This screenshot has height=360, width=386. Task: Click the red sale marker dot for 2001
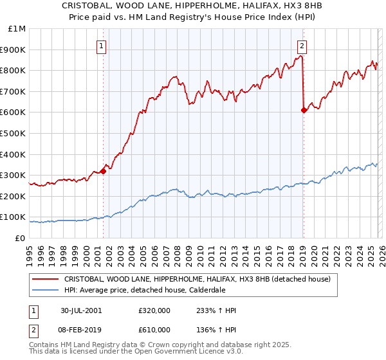103,171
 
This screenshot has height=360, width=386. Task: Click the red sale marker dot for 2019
303,110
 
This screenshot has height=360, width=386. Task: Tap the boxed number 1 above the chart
102,45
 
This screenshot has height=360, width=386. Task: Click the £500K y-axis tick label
14,133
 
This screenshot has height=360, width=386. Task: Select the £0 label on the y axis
20,238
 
